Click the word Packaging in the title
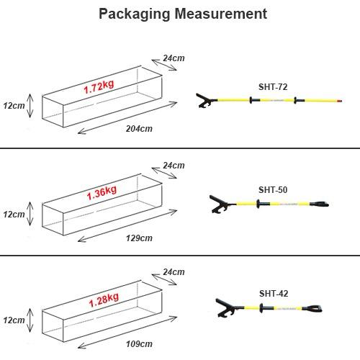click(x=135, y=14)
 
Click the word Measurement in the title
click(x=221, y=14)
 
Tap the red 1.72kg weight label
click(x=99, y=87)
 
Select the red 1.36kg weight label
click(x=102, y=193)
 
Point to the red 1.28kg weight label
click(x=104, y=300)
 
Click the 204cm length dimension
click(x=139, y=129)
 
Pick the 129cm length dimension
click(x=139, y=238)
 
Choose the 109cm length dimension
click(x=139, y=344)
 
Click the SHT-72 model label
click(x=273, y=87)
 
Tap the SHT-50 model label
click(x=273, y=190)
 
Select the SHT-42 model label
click(x=274, y=294)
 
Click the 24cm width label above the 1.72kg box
click(x=174, y=58)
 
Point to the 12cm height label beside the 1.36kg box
click(x=14, y=215)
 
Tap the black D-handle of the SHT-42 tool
click(x=312, y=308)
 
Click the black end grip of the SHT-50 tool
click(x=319, y=204)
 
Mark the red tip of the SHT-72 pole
click(x=339, y=101)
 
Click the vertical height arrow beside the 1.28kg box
click(x=30, y=320)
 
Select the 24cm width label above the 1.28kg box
click(x=174, y=272)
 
